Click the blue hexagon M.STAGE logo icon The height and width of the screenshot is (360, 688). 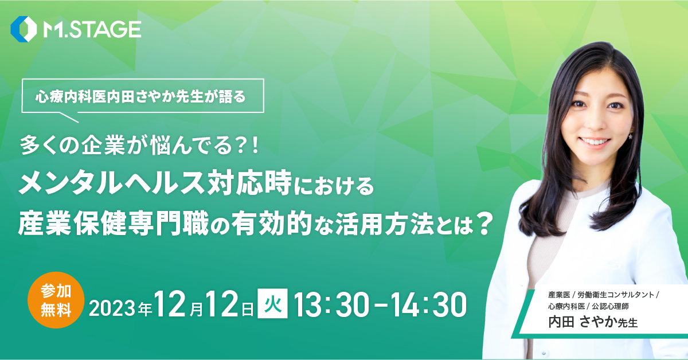coord(24,29)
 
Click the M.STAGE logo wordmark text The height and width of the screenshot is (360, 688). coord(92,29)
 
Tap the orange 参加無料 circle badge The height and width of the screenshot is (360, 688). coord(56,300)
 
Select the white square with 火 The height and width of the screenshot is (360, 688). coord(272,303)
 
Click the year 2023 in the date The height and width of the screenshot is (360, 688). coord(112,308)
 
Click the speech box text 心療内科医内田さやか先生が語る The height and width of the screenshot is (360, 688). coord(140,97)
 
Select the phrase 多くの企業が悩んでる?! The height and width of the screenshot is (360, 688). coord(140,144)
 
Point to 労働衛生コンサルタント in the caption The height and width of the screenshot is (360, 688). coord(616,295)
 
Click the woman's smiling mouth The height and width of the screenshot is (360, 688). coord(595,143)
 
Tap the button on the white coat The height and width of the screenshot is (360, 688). coord(544,353)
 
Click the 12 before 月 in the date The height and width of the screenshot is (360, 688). coord(171,304)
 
